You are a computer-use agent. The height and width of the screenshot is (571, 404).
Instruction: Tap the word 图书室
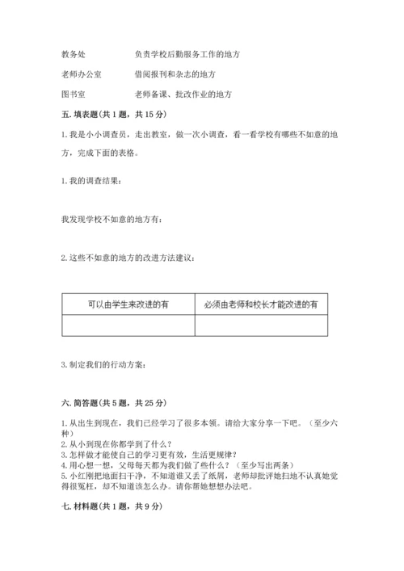pos(74,94)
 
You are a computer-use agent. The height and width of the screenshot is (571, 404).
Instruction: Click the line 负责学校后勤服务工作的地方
pos(187,55)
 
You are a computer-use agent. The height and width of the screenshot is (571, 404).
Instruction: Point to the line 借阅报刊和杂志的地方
pos(176,74)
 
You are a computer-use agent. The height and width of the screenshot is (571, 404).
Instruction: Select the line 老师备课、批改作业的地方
pos(184,94)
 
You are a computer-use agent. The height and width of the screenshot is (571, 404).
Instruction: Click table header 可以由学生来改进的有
pos(128,304)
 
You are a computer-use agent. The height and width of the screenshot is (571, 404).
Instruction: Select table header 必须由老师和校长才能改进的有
pos(261,304)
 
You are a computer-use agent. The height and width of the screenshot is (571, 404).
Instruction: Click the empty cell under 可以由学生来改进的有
pos(128,325)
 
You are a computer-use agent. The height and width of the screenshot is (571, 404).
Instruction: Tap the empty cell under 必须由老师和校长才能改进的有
pos(261,325)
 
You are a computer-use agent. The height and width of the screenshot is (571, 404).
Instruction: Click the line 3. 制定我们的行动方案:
pos(104,365)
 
